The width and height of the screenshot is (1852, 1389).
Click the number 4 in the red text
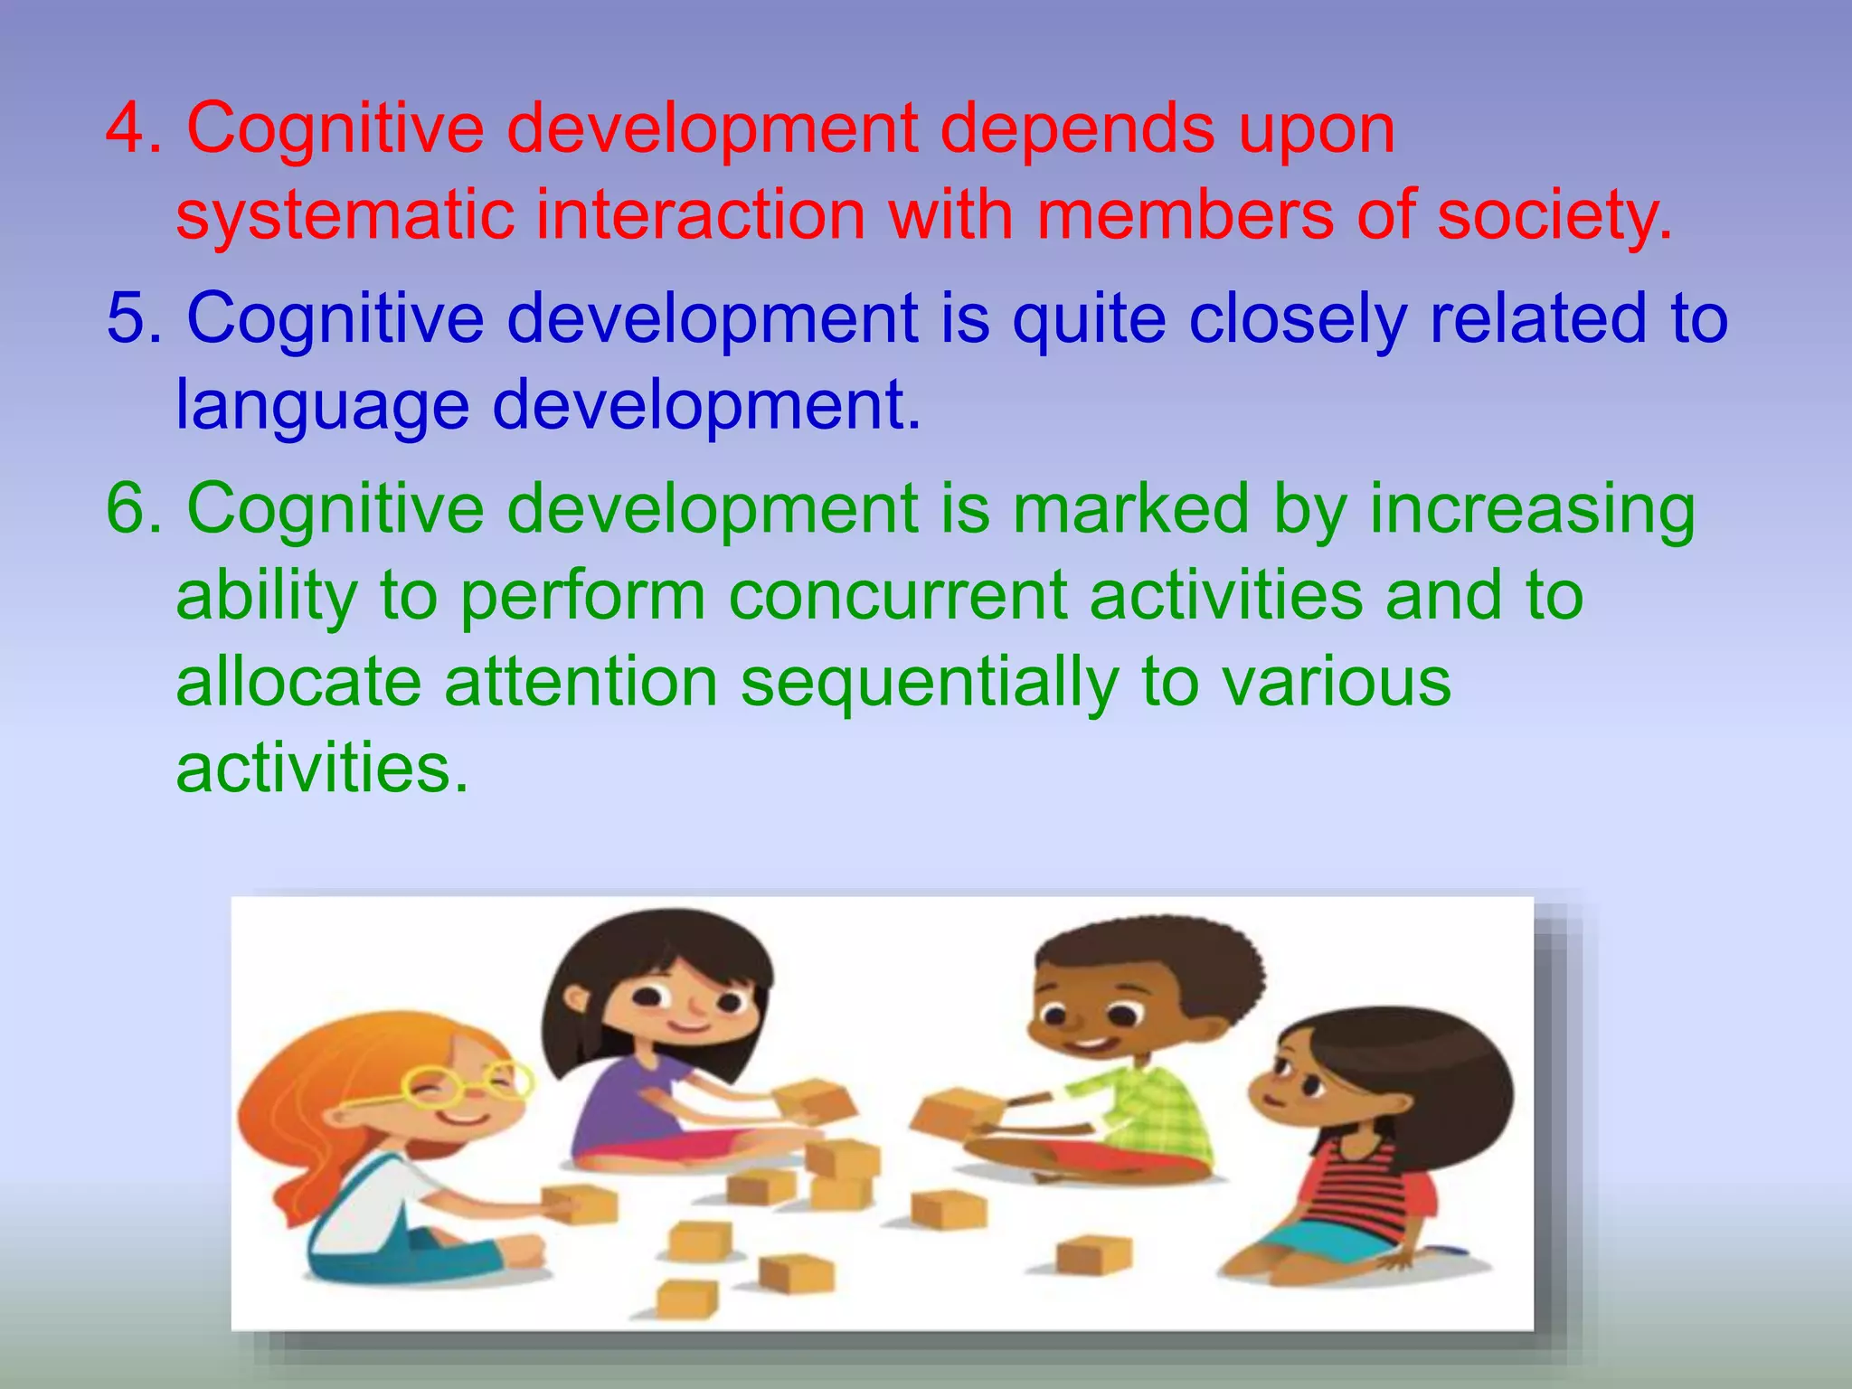coord(132,128)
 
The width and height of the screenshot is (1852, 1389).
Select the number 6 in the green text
coord(132,508)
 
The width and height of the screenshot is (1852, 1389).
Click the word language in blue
coord(322,405)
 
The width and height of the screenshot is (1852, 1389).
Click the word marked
coord(1130,508)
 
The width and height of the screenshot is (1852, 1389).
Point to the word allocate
coord(298,682)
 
